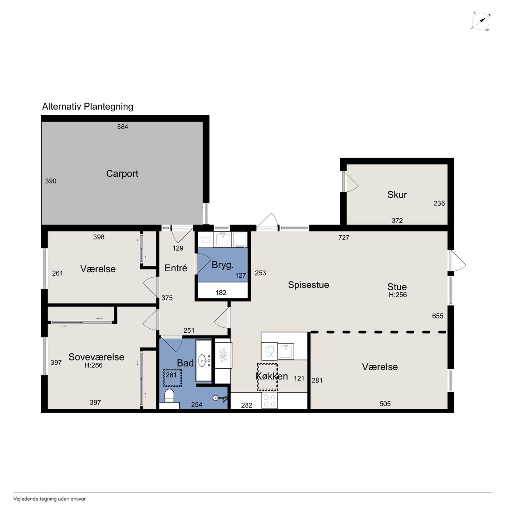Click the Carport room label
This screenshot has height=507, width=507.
click(x=122, y=173)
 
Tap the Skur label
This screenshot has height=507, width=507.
click(x=397, y=195)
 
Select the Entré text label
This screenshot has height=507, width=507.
click(x=176, y=268)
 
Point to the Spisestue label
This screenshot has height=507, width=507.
click(x=308, y=285)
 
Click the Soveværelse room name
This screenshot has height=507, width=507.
click(x=96, y=357)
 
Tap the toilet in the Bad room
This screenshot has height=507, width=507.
click(x=169, y=396)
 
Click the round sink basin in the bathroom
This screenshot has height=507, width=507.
click(x=202, y=360)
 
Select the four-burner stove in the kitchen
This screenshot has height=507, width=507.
click(x=270, y=400)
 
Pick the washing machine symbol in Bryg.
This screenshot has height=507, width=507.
click(x=205, y=240)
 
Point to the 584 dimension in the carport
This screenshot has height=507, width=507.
click(x=123, y=127)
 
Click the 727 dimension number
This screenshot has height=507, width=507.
click(x=344, y=238)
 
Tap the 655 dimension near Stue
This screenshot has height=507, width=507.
click(x=438, y=316)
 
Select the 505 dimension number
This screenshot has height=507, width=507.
click(x=385, y=404)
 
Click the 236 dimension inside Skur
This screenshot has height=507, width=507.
click(x=439, y=203)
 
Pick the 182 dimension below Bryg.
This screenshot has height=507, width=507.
click(x=221, y=293)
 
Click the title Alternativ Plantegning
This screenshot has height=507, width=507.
click(x=88, y=107)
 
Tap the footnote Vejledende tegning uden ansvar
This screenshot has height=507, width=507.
click(x=50, y=499)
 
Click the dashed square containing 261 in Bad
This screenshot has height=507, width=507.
click(x=173, y=377)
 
